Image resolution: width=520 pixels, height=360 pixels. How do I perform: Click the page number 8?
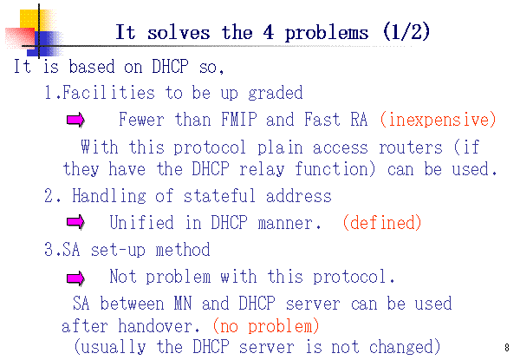[x=507, y=347]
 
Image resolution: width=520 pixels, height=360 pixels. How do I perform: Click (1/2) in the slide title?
[x=406, y=32]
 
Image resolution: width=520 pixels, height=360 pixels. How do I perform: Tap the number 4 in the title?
[x=269, y=32]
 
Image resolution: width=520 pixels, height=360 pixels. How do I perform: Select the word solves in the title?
[x=179, y=32]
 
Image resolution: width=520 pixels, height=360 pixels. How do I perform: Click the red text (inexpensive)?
[x=438, y=120]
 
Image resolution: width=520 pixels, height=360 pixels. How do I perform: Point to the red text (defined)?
[x=382, y=222]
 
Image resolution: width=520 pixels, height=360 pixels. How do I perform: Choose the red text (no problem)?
[x=266, y=326]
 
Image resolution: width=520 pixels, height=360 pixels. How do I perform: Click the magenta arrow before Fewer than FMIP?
[x=75, y=120]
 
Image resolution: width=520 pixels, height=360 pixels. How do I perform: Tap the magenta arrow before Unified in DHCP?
[x=75, y=222]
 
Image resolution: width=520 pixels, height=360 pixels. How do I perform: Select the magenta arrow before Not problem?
[x=75, y=278]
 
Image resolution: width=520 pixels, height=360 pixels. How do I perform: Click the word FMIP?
[x=239, y=119]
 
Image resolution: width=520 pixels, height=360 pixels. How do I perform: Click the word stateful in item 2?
[x=219, y=195]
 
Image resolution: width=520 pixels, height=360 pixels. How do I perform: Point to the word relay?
[x=262, y=169]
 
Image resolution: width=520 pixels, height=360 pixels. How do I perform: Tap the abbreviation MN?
[x=183, y=303]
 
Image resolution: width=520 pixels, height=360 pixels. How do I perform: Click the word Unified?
[x=141, y=222]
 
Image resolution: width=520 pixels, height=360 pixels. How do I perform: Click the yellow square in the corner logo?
[x=29, y=19]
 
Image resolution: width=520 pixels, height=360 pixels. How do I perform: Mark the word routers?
[x=411, y=147]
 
